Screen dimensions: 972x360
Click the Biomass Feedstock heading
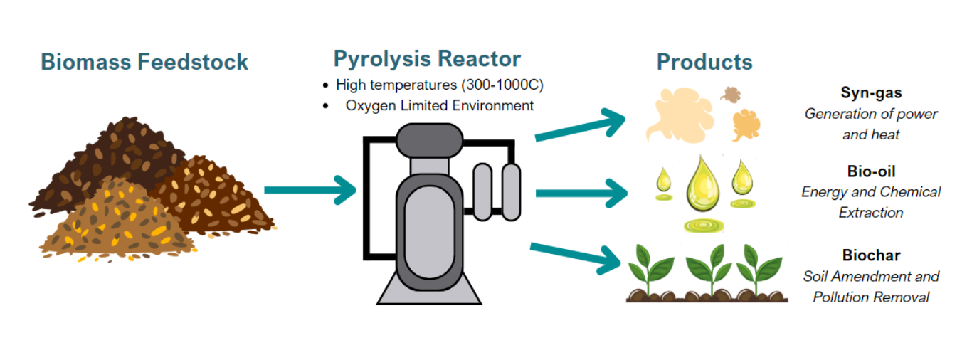point(144,62)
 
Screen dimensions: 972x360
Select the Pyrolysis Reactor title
point(427,60)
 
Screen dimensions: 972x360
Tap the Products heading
point(704,62)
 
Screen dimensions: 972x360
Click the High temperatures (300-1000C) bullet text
point(439,85)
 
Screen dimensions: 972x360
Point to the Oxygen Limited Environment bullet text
point(439,106)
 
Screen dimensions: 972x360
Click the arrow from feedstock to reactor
point(310,190)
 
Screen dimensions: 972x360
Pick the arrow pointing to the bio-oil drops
point(581,194)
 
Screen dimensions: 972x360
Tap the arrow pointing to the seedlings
point(576,258)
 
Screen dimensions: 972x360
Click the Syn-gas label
point(871,92)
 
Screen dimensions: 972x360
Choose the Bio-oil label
point(871,171)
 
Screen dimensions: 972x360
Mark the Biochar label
point(871,255)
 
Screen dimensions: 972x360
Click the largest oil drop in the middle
point(702,184)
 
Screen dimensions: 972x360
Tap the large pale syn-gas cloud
point(680,115)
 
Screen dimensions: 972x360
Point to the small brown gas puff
point(731,95)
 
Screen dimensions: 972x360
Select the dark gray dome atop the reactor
point(429,140)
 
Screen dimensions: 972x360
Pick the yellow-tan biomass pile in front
point(117,223)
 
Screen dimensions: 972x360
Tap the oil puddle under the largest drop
point(704,226)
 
